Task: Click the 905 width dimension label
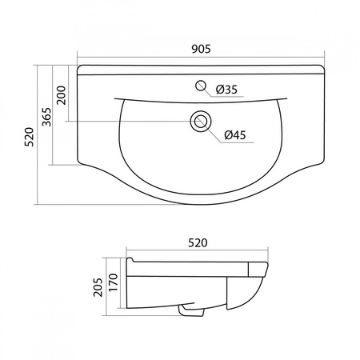pos(201,49)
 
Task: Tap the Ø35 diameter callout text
pos(226,90)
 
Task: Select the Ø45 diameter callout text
pos(235,135)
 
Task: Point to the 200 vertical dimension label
pos(62,95)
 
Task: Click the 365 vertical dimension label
pos(46,117)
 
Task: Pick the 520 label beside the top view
pos(29,137)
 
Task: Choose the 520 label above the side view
pos(198,243)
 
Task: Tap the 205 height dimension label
pos(98,287)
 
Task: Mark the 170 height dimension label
pos(114,282)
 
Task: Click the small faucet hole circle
pos(201,86)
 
